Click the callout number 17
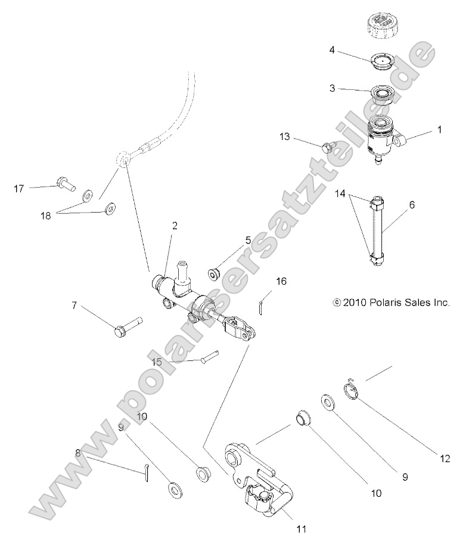pos(19,189)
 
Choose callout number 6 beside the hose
pos(412,204)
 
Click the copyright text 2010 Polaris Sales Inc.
pos(391,303)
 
